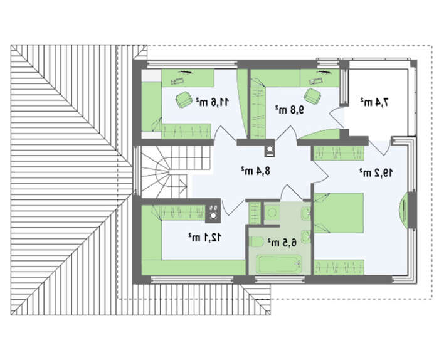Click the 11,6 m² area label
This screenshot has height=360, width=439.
212,102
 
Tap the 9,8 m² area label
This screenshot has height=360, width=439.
290,110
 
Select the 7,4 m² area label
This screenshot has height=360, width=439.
374,102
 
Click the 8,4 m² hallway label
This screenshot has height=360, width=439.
256,171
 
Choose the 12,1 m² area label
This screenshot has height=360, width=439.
204,238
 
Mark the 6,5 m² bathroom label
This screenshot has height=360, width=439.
282,243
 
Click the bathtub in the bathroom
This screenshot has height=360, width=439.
280,263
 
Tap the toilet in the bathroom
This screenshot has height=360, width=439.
257,242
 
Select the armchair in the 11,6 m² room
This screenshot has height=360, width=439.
184,99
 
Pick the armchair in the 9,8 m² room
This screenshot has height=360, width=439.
312,96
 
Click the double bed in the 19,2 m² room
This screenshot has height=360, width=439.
339,213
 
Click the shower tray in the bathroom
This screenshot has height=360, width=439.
272,213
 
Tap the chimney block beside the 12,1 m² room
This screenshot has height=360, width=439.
213,211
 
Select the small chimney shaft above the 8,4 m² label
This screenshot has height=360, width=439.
270,150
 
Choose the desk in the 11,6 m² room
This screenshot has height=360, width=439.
188,78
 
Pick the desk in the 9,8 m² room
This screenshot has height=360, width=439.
319,78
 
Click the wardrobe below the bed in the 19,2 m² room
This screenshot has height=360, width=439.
339,267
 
